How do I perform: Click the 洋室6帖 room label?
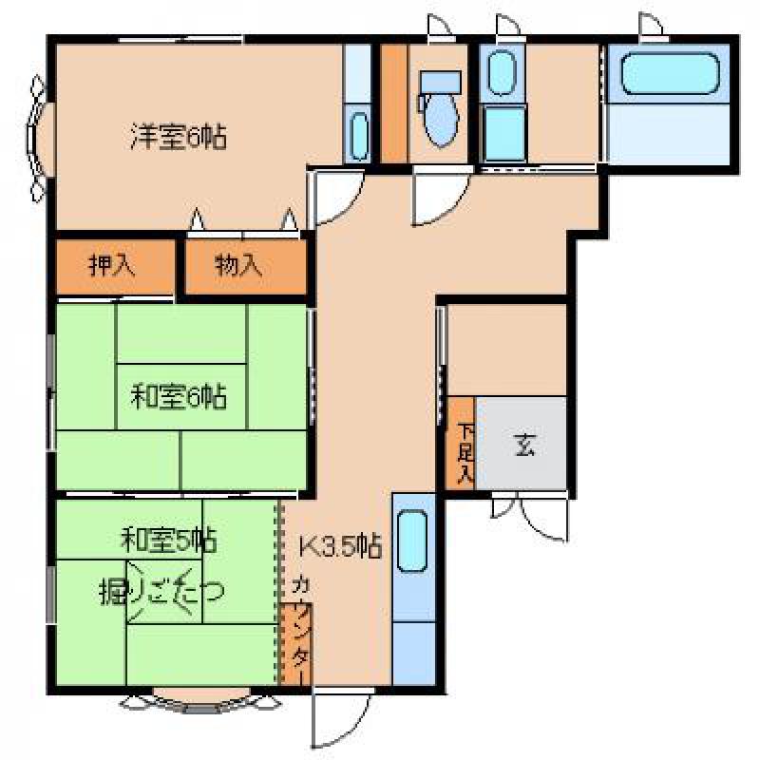pos(179,137)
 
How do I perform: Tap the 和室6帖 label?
pos(179,396)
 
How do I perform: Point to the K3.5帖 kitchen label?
pos(340,547)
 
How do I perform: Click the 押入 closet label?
pos(112,265)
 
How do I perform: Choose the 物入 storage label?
pos(238,265)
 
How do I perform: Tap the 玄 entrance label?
pos(524,445)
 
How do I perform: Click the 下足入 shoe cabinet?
pos(461,443)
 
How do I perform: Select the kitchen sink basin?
pos(412,541)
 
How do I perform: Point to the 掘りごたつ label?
pos(161,590)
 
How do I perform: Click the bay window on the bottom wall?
pos(200,702)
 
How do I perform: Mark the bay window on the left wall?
pos(37,138)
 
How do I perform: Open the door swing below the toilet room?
pos(441,196)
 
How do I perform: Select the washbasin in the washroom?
pos(503,73)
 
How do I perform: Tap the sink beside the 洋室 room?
pos(359,137)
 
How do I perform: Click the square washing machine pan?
pos(504,133)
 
